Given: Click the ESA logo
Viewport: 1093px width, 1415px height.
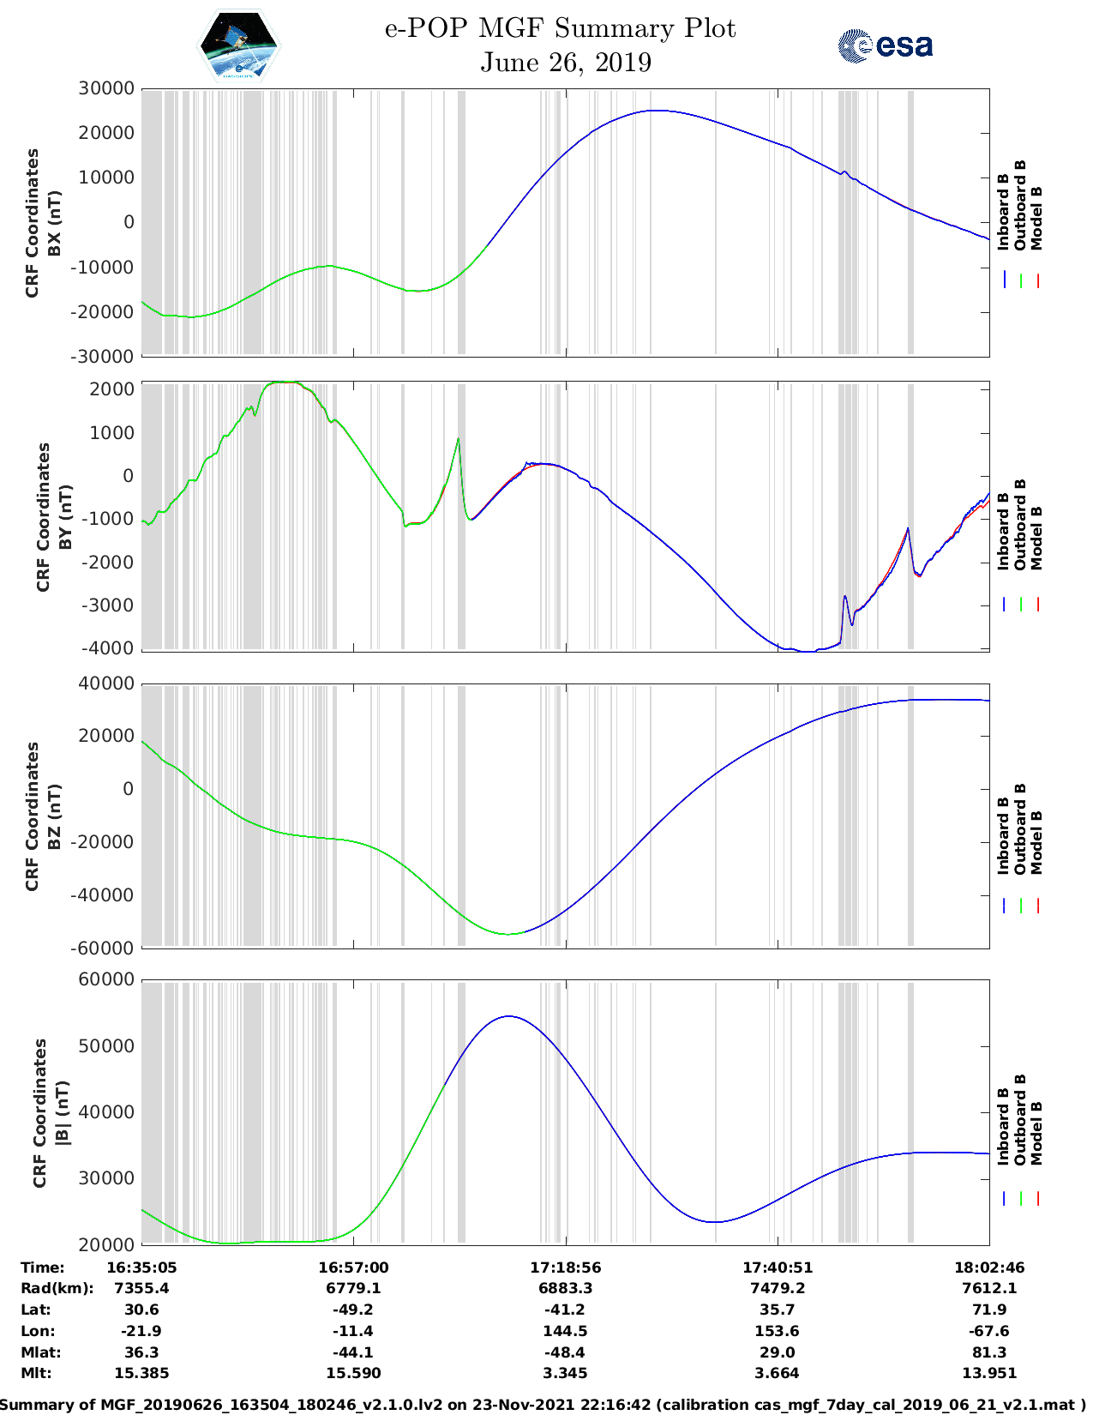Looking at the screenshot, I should pyautogui.click(x=885, y=45).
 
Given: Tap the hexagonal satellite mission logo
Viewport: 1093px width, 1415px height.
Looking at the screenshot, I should pyautogui.click(x=238, y=45).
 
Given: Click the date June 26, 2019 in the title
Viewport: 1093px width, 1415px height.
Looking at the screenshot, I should pyautogui.click(x=565, y=63).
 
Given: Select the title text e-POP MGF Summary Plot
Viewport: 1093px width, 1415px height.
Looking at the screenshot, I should pyautogui.click(x=560, y=28).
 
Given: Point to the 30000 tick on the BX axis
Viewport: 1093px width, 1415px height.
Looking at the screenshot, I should pyautogui.click(x=106, y=88).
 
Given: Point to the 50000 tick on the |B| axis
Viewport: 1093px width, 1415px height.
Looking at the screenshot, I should pyautogui.click(x=106, y=1046).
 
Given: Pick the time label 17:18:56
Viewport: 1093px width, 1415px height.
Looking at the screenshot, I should pyautogui.click(x=565, y=1267).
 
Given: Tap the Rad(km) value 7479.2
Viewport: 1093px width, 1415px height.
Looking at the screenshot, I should pyautogui.click(x=777, y=1288).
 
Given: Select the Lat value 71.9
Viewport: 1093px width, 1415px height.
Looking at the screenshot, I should pyautogui.click(x=988, y=1310).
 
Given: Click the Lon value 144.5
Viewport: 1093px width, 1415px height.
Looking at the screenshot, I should pyautogui.click(x=565, y=1331).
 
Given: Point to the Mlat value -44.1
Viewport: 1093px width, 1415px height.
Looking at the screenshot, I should pyautogui.click(x=352, y=1352).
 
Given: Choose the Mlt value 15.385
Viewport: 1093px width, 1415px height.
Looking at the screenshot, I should pyautogui.click(x=141, y=1373).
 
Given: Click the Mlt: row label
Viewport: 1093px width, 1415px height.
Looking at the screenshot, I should pyautogui.click(x=36, y=1373).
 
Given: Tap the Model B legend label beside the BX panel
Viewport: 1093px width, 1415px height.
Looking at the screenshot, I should pyautogui.click(x=1036, y=218).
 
